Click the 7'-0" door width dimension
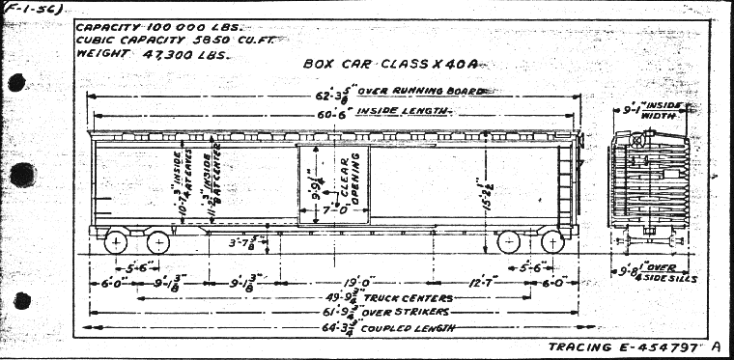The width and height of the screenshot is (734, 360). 333,208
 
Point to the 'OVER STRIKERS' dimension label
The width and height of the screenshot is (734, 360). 382,315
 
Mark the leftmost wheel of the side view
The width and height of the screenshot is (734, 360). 116,241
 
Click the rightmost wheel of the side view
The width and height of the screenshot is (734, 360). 551,241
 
